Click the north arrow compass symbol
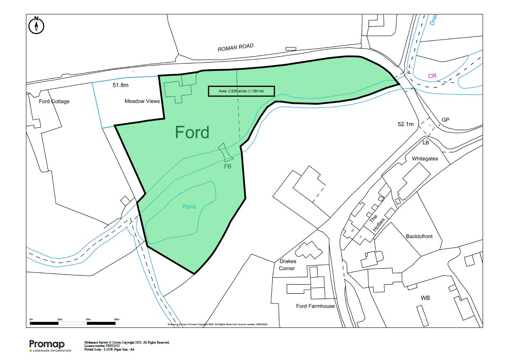[x=37, y=26]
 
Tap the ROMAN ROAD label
[x=236, y=47]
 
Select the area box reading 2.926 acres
[x=241, y=91]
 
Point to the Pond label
[x=189, y=207]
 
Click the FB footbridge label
[x=227, y=167]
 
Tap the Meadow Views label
[x=142, y=101]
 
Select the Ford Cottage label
[x=54, y=101]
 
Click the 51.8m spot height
[x=121, y=86]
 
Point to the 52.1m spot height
[x=405, y=124]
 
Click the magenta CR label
[x=432, y=76]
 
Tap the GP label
[x=446, y=120]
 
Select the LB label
[x=425, y=143]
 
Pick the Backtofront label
[x=419, y=236]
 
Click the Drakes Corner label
[x=287, y=265]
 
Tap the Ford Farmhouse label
[x=315, y=306]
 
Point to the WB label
[x=425, y=298]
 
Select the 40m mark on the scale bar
[x=88, y=320]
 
